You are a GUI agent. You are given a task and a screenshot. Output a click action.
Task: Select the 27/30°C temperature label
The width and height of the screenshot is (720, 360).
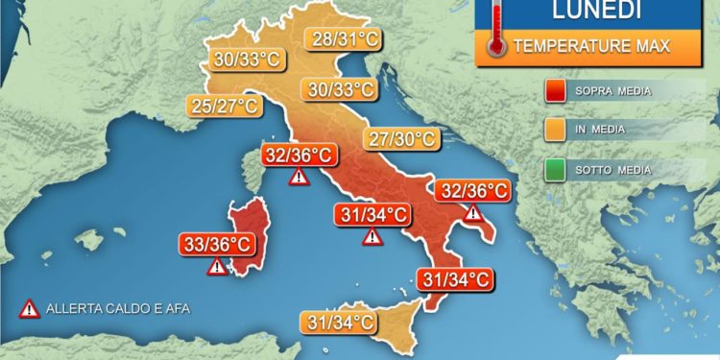click(400, 138)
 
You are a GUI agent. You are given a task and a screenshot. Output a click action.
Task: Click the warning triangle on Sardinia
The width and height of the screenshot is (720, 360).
click(218, 267)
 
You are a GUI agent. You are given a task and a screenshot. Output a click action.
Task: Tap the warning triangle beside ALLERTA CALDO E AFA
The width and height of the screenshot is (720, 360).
click(30, 308)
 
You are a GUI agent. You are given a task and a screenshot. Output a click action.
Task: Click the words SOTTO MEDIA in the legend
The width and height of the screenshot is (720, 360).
click(614, 170)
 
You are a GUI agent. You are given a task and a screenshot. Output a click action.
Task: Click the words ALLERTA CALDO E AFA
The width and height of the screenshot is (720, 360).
click(105, 309)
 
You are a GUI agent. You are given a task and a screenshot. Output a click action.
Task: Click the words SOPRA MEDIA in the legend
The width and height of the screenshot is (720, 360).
click(614, 92)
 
